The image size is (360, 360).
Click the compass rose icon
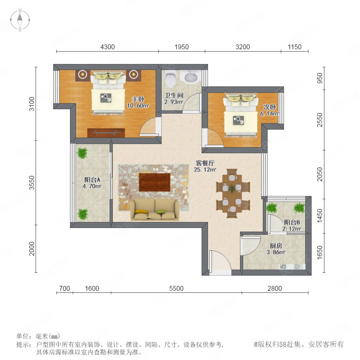[20, 20]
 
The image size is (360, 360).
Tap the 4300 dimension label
[108, 47]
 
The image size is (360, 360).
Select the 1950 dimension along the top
[182, 47]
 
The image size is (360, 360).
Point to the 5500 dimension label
[176, 288]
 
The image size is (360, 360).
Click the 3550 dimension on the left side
[32, 183]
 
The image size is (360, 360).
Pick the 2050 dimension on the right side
[320, 174]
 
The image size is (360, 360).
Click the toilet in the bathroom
[170, 78]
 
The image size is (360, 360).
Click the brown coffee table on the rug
[154, 182]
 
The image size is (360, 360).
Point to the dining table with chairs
[232, 193]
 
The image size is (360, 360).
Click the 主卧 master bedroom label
[138, 99]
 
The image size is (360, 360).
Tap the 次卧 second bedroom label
[270, 107]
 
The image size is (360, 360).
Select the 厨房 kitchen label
[276, 246]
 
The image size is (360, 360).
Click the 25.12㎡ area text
[205, 170]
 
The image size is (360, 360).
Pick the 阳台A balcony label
[92, 180]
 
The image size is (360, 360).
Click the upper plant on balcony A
[82, 153]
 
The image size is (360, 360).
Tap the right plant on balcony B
[299, 208]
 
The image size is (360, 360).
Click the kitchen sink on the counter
[283, 266]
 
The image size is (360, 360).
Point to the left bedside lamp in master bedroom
[83, 74]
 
